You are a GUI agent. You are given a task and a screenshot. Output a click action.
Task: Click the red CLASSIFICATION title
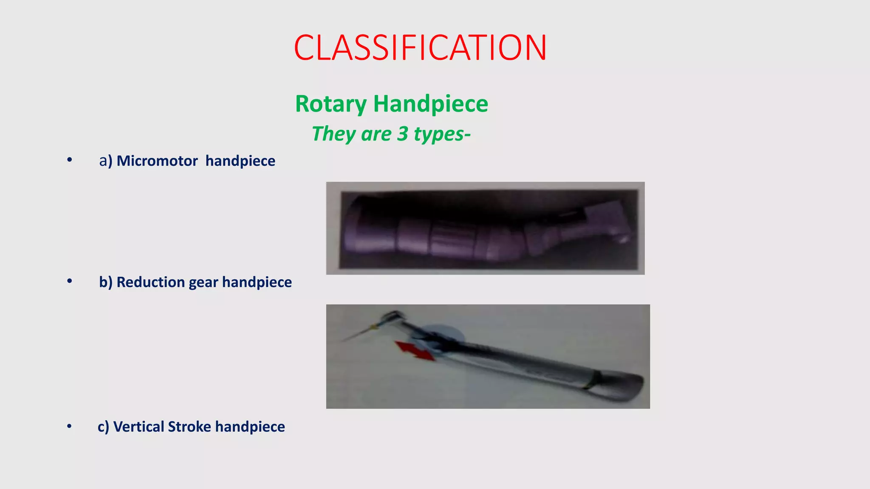pyautogui.click(x=420, y=48)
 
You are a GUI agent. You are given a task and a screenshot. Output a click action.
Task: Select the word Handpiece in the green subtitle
pyautogui.click(x=430, y=104)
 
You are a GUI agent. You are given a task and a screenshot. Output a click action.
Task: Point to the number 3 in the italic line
pyautogui.click(x=402, y=134)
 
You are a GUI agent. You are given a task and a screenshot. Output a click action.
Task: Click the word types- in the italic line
pyautogui.click(x=442, y=134)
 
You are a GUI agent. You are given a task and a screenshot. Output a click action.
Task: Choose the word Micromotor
pyautogui.click(x=157, y=161)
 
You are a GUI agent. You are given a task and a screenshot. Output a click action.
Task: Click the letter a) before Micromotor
pyautogui.click(x=105, y=161)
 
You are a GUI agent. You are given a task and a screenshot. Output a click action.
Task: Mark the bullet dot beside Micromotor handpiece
pyautogui.click(x=69, y=160)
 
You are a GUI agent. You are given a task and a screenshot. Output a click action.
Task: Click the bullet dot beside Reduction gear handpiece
pyautogui.click(x=69, y=281)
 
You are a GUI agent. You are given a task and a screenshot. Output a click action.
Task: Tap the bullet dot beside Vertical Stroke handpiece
pyautogui.click(x=69, y=426)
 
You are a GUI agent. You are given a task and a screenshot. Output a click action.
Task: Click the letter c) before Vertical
pyautogui.click(x=103, y=427)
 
